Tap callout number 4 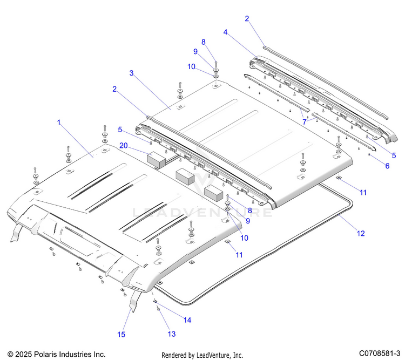point(225,32)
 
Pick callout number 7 point(305,123)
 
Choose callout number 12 point(361,233)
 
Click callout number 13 point(171,334)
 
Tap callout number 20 point(124,145)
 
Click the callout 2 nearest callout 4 point(247,18)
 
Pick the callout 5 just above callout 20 point(121,130)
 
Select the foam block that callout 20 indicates point(156,158)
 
